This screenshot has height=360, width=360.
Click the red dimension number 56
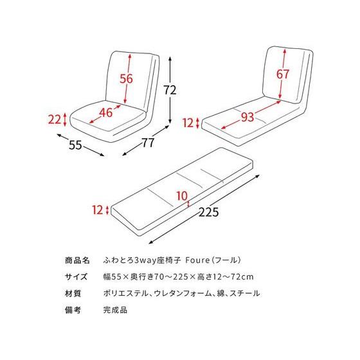(x=126, y=79)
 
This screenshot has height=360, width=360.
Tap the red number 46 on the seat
(x=106, y=113)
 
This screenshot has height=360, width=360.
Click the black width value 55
(x=75, y=146)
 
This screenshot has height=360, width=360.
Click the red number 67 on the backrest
(x=283, y=75)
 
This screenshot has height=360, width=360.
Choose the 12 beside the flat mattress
(x=97, y=210)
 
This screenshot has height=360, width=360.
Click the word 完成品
(x=115, y=310)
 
